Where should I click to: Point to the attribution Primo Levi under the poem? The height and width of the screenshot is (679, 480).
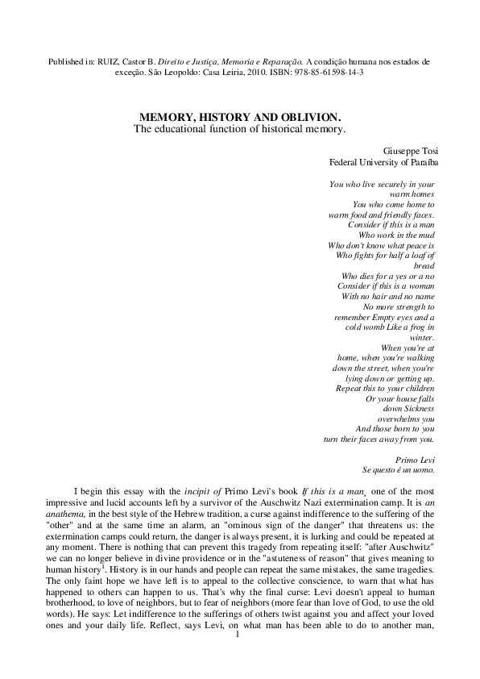point(417,457)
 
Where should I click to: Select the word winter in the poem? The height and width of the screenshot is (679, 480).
point(422,338)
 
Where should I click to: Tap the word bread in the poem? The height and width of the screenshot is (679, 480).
point(424,265)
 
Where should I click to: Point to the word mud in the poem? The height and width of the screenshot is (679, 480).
point(425,235)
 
